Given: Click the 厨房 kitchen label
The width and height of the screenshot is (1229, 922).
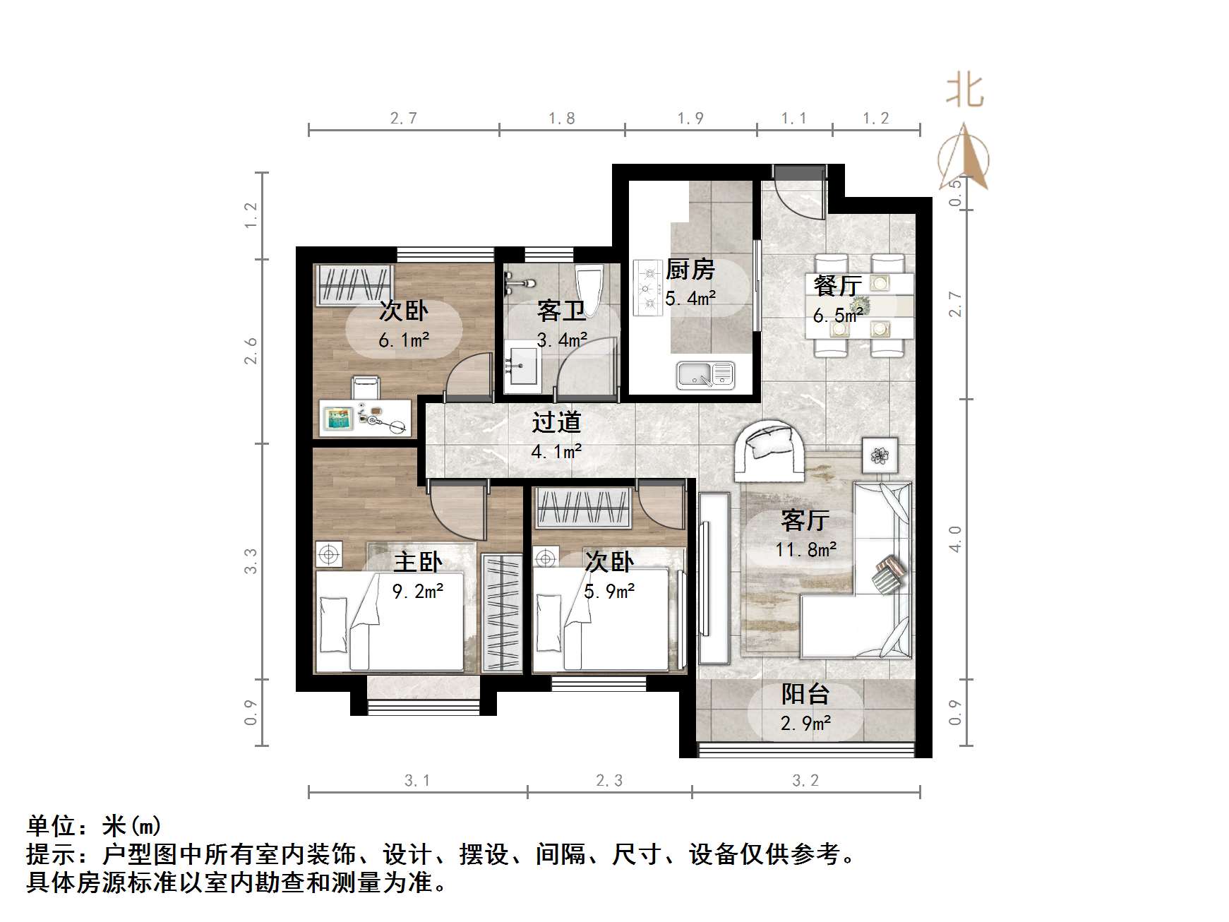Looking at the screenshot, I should tap(690, 269).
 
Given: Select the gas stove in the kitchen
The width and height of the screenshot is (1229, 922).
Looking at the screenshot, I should tap(647, 287).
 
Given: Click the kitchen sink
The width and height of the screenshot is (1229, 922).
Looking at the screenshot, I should tap(705, 374).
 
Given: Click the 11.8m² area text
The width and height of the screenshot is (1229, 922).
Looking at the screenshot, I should tap(805, 549).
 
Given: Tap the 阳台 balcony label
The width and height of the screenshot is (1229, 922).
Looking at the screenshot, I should tap(805, 695).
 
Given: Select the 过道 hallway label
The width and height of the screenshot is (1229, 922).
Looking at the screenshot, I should tap(556, 422).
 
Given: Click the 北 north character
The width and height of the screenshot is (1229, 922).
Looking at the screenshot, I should tap(965, 91).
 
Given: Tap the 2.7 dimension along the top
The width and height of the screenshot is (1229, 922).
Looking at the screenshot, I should tap(404, 119).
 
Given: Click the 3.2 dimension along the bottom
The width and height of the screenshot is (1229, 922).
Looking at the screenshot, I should tap(805, 780).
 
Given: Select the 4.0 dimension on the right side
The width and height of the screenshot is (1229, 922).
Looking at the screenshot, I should tap(955, 539).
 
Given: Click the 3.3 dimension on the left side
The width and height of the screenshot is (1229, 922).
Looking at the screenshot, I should tap(251, 561).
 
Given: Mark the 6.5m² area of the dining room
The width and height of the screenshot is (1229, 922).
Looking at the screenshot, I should tap(838, 315).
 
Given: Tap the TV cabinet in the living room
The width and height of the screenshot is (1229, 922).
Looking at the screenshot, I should tap(713, 578).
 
